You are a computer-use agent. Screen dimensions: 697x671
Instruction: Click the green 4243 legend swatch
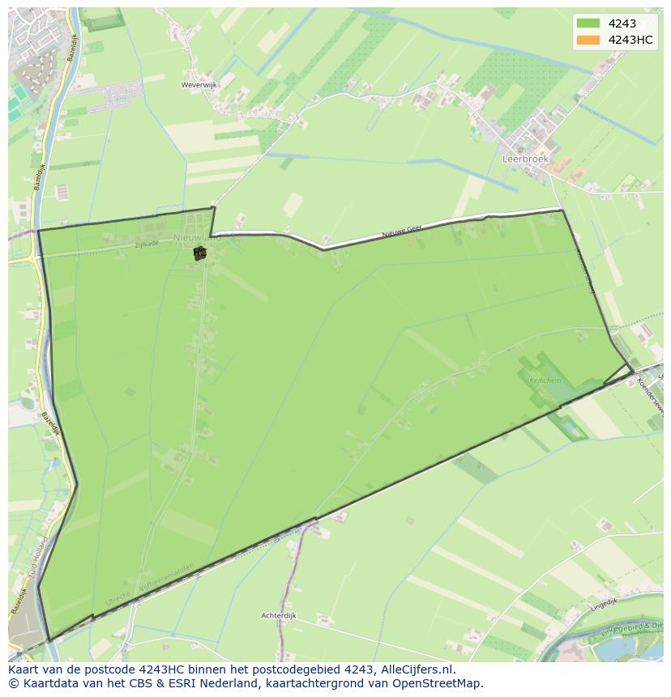coord(588,23)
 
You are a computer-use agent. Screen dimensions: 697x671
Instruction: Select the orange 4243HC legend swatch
coord(588,40)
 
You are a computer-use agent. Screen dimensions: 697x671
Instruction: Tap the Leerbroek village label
coord(525,159)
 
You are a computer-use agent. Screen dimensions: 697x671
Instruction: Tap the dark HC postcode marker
coord(199,253)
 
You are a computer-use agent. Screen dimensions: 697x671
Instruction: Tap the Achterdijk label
coord(279,616)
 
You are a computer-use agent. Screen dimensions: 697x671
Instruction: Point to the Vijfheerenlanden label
coord(166,578)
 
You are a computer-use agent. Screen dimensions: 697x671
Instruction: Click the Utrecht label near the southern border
coord(118,599)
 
